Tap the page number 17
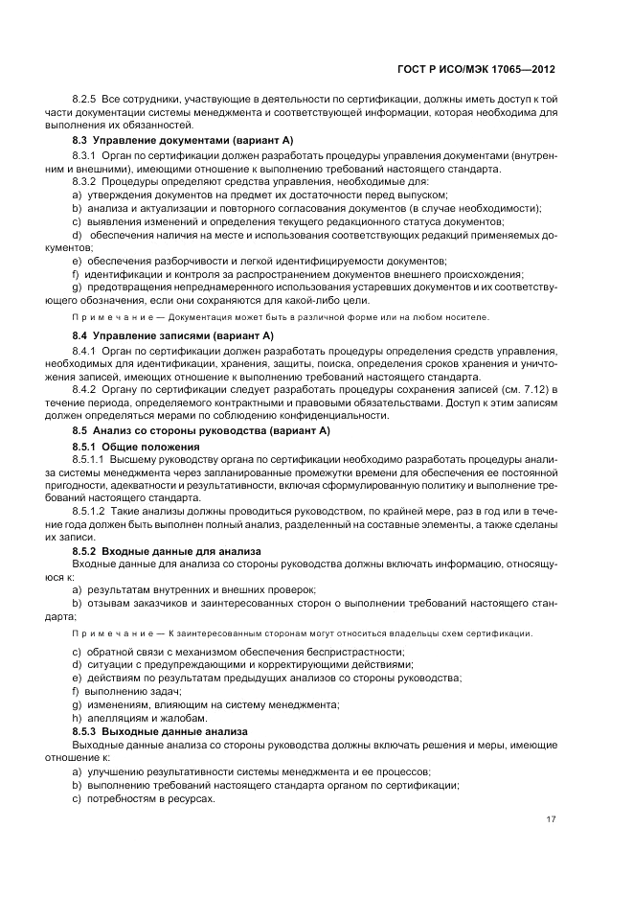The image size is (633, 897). [x=551, y=818]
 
